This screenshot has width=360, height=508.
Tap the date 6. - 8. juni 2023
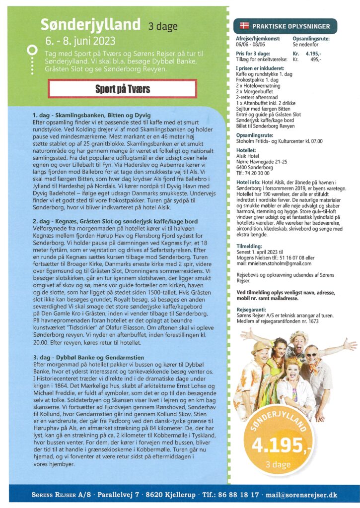(x=80, y=40)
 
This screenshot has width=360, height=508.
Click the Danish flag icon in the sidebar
(x=244, y=25)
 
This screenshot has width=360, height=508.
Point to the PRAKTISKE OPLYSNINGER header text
(x=288, y=26)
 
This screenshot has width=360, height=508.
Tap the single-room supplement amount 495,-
(x=316, y=59)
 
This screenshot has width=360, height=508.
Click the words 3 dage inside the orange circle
(x=278, y=465)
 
